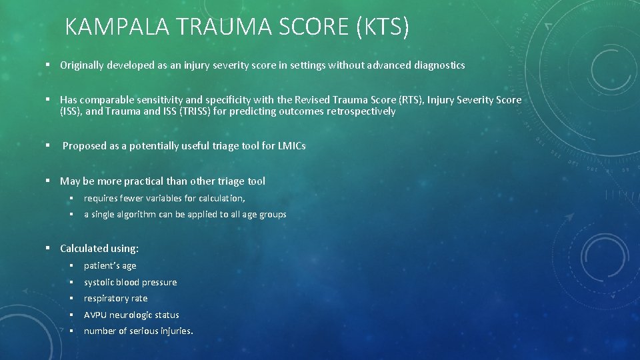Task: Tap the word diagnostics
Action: click(x=439, y=65)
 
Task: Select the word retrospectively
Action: click(x=361, y=111)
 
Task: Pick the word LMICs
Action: click(x=292, y=146)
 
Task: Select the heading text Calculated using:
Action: click(x=99, y=249)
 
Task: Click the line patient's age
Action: click(x=110, y=265)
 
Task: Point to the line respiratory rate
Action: click(x=115, y=298)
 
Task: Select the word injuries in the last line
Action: click(x=174, y=331)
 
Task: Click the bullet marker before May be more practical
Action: click(x=49, y=181)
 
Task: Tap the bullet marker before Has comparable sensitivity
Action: click(x=49, y=100)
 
